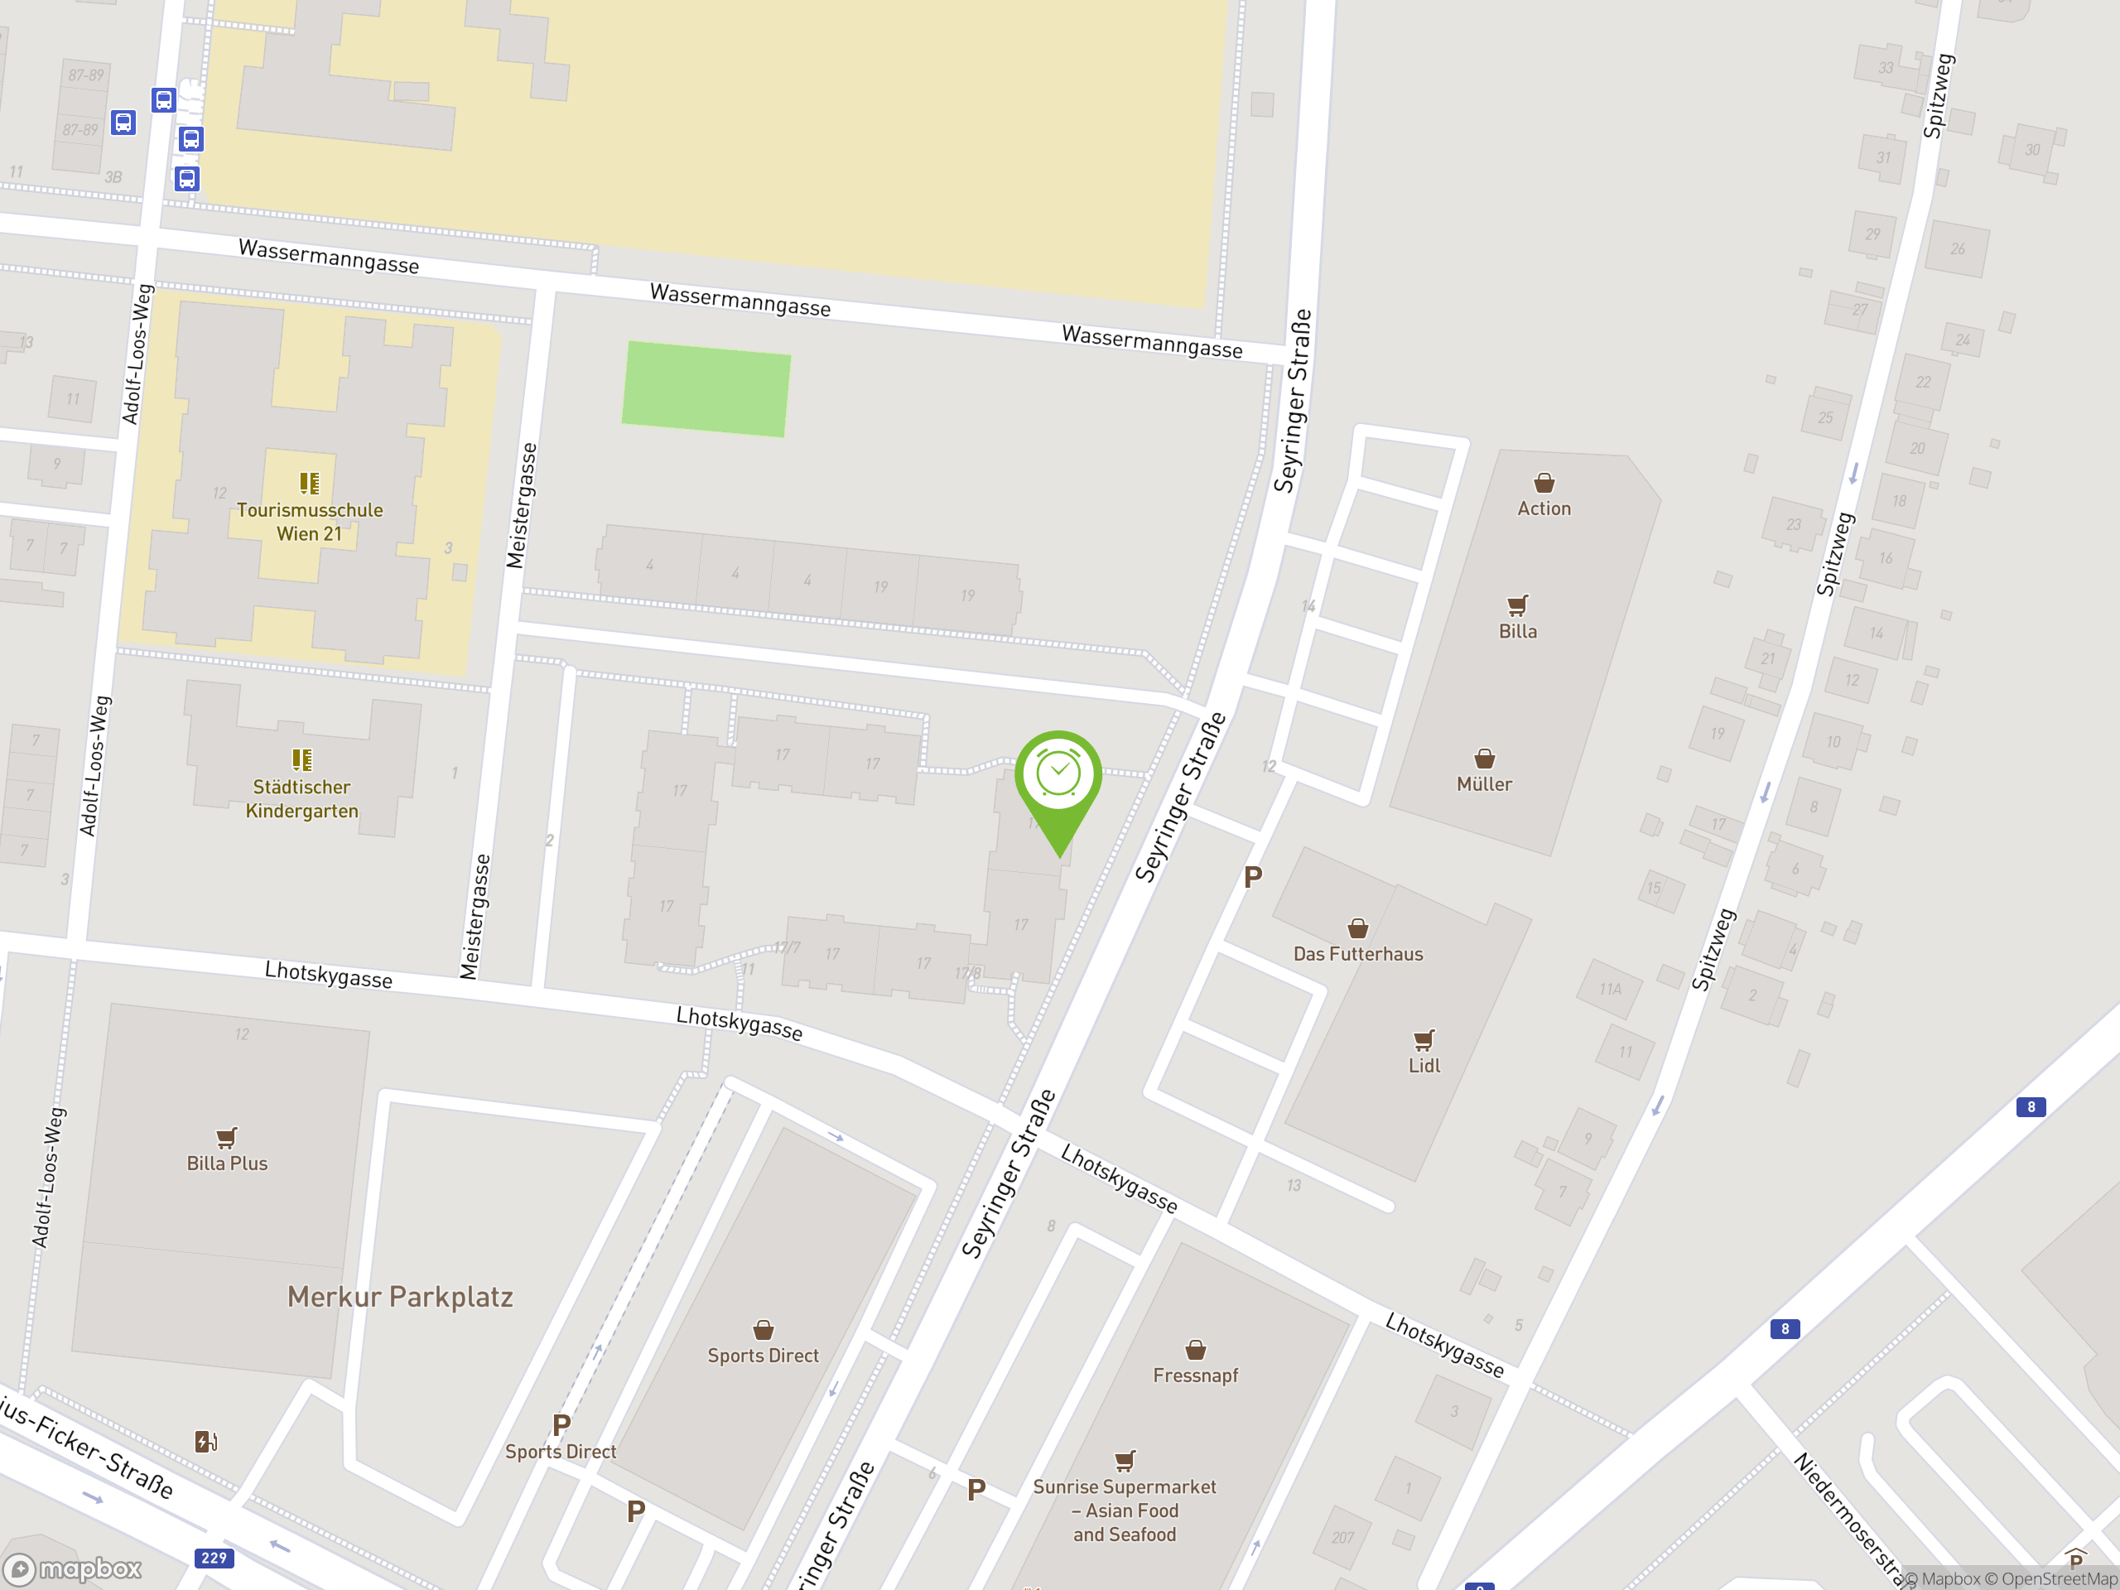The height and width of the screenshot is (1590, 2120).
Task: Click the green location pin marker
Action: point(1058,776)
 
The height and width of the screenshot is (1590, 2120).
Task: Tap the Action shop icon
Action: point(1543,482)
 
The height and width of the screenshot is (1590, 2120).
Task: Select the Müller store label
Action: point(1484,784)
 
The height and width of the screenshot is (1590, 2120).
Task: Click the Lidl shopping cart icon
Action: point(1424,1040)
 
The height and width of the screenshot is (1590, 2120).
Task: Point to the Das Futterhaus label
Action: point(1357,954)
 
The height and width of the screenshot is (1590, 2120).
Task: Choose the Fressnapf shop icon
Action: point(1195,1351)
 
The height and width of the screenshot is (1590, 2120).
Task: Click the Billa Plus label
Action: point(227,1164)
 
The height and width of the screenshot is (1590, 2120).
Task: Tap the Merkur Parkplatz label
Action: point(400,1297)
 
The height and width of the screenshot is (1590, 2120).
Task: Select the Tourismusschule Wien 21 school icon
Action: point(309,483)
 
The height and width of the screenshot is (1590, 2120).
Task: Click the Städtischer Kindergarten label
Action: point(302,798)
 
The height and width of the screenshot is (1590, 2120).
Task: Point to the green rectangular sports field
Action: point(706,389)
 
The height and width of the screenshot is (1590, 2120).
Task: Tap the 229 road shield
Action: point(214,1559)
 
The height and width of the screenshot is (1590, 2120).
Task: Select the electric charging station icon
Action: point(206,1442)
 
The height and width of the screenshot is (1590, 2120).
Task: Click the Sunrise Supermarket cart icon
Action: point(1125,1461)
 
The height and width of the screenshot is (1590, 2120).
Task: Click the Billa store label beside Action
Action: point(1517,632)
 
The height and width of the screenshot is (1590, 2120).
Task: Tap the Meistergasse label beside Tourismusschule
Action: point(522,505)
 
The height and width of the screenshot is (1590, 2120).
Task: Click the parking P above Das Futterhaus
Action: point(1253,877)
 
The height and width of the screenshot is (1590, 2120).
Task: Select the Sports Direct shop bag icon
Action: point(763,1330)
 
